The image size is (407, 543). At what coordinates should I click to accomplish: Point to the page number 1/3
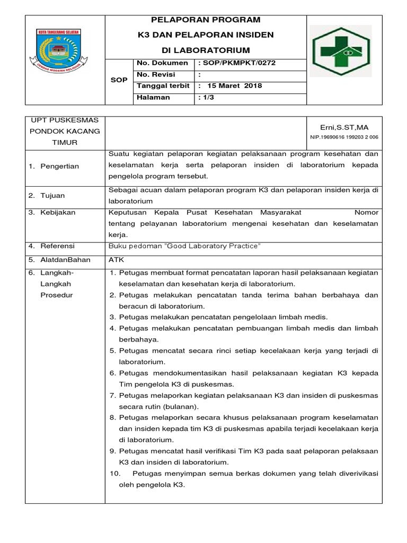click(205, 98)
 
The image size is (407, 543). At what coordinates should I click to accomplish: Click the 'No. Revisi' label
click(156, 75)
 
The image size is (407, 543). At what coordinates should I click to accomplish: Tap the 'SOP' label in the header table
click(119, 80)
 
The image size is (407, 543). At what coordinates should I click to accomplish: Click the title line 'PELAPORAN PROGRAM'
click(206, 20)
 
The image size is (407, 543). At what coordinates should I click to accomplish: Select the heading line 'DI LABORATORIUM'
click(206, 50)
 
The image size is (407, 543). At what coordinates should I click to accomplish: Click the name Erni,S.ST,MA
click(344, 127)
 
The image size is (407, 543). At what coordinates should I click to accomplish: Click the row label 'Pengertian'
click(61, 166)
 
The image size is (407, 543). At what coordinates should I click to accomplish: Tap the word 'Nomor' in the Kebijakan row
click(366, 212)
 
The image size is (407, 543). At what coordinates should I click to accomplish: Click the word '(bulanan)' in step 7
click(180, 407)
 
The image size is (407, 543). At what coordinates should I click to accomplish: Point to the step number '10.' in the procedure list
click(115, 474)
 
